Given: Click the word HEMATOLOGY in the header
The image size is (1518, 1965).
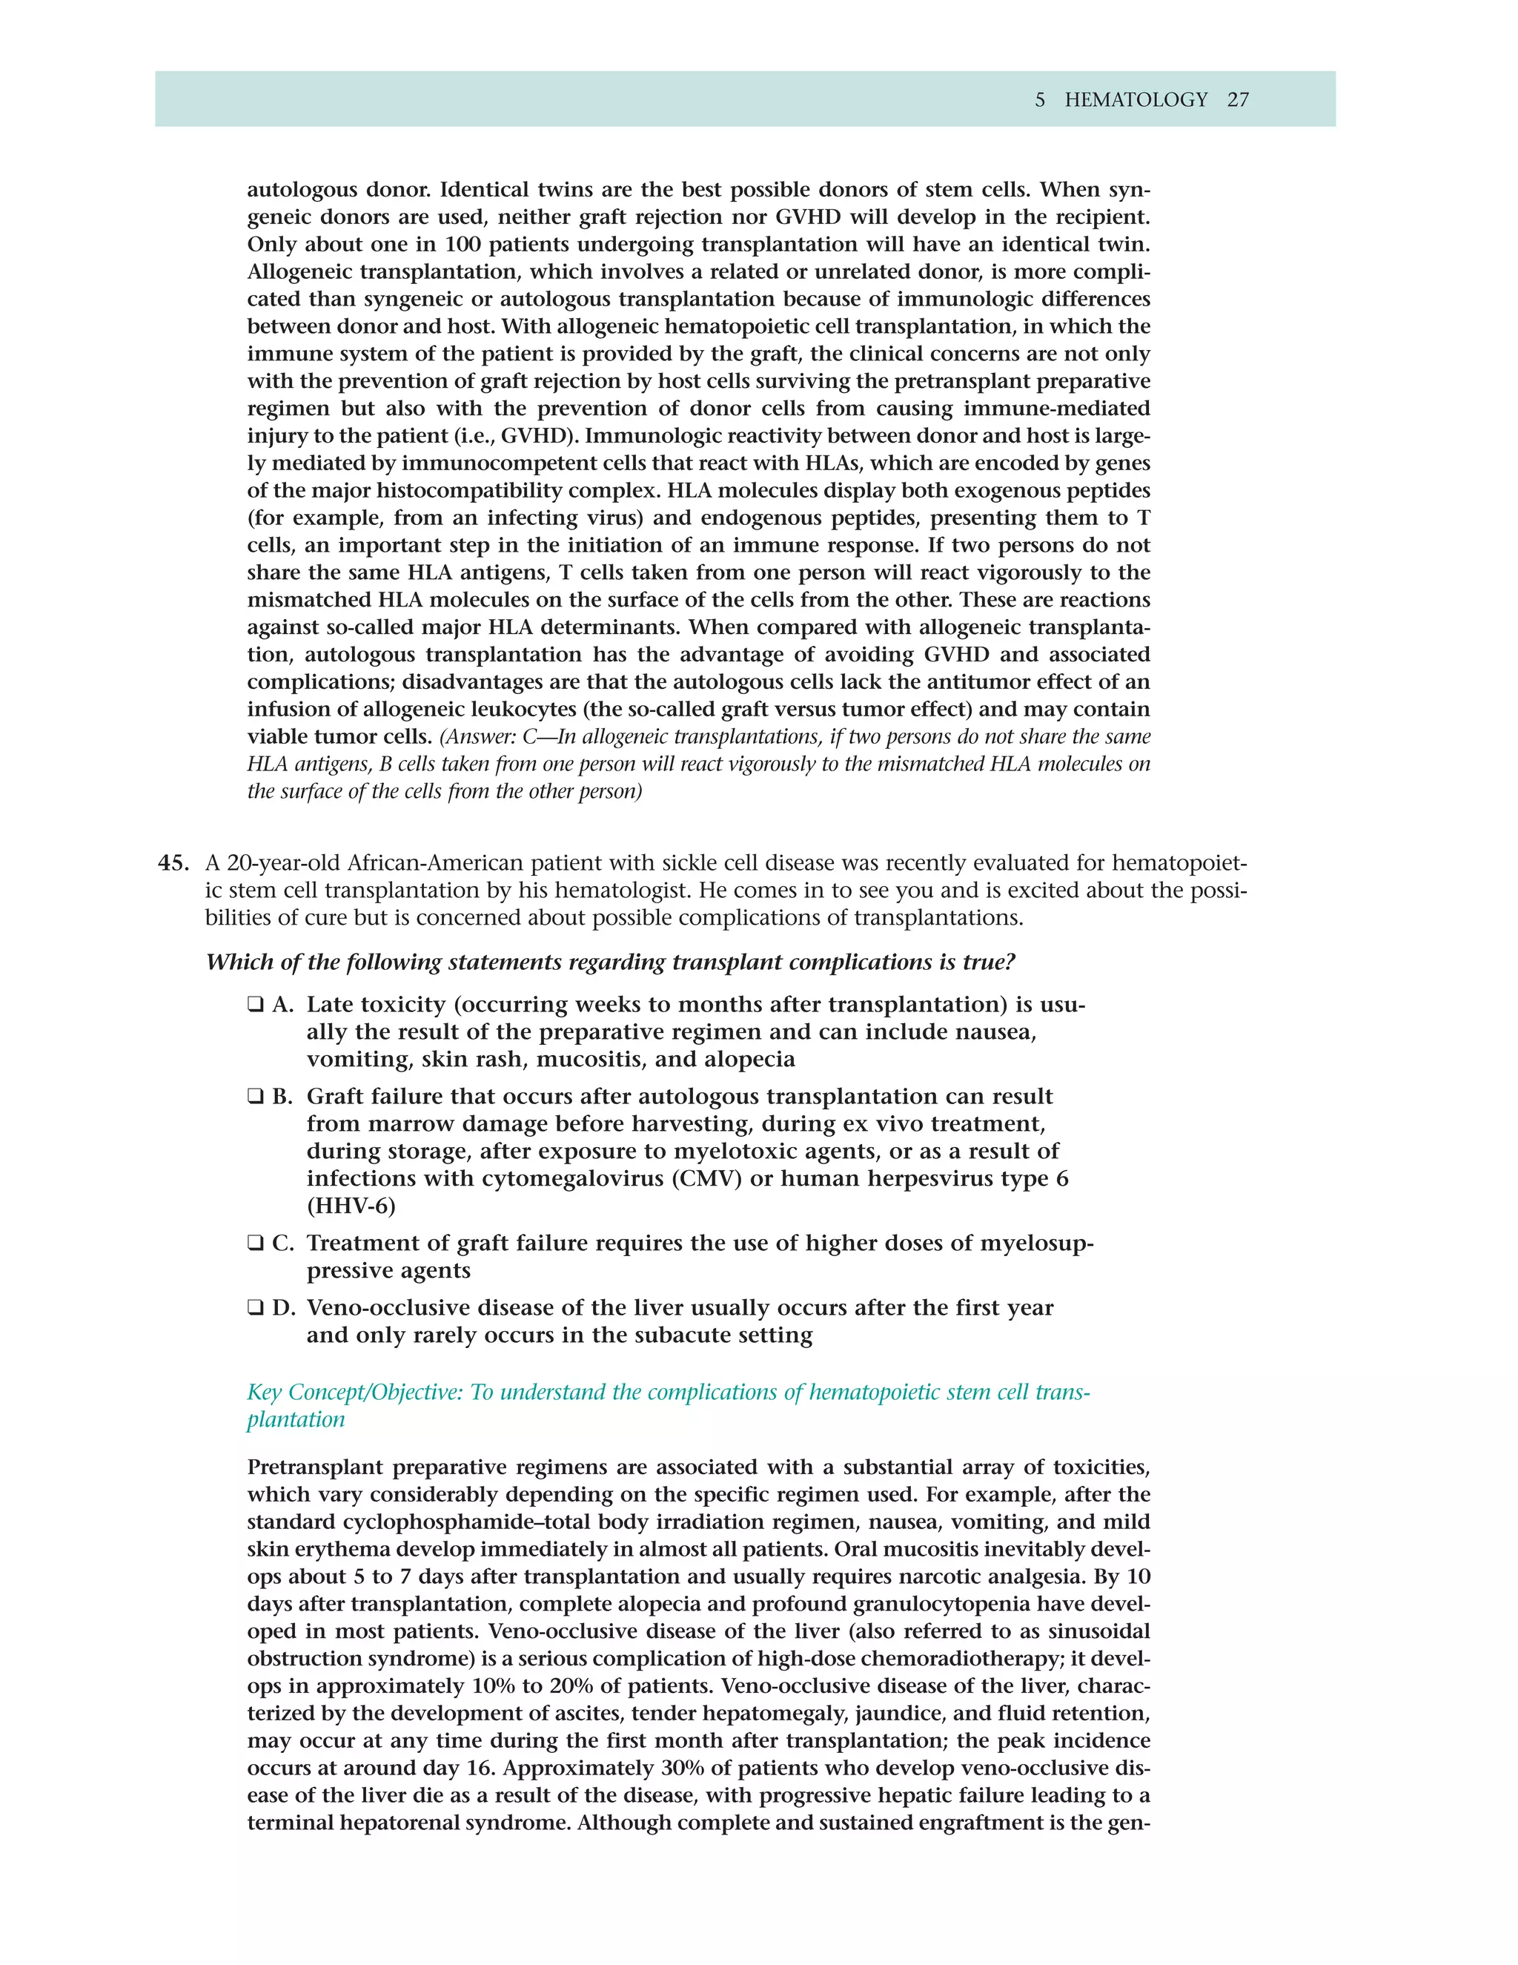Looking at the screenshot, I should [x=1136, y=100].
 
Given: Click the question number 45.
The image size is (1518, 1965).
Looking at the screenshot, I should [x=173, y=863].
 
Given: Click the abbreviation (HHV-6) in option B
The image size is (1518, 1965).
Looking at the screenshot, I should [x=351, y=1206].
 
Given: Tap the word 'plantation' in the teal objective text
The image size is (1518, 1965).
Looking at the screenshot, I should [x=296, y=1420].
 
